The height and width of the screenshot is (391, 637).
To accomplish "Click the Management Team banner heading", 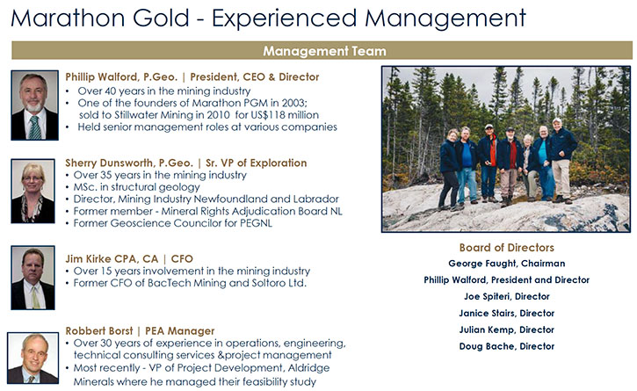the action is pos(324,51).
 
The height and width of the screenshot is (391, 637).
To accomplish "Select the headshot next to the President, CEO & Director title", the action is pos(34,105).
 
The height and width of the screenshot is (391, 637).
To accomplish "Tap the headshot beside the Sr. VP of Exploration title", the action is pos(33,191).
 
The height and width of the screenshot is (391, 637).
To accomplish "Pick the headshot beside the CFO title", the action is pos(33,278).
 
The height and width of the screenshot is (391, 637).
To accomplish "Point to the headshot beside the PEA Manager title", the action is pos(33,358).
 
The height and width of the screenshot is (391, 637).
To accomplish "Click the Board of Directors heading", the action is pos(507,248).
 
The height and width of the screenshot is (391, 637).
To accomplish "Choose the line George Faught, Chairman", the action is pos(507,264).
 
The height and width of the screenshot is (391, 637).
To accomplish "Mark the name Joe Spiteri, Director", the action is pos(507,296).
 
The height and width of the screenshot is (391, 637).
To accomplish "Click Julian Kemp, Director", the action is pos(507,329).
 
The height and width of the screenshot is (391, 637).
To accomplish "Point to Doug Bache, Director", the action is pos(507,346).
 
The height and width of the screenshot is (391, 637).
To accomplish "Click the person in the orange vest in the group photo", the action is pos(489,163).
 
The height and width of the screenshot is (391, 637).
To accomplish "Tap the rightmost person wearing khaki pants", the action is pos(561,161).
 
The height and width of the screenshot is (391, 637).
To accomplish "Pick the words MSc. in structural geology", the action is pos(136,187).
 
